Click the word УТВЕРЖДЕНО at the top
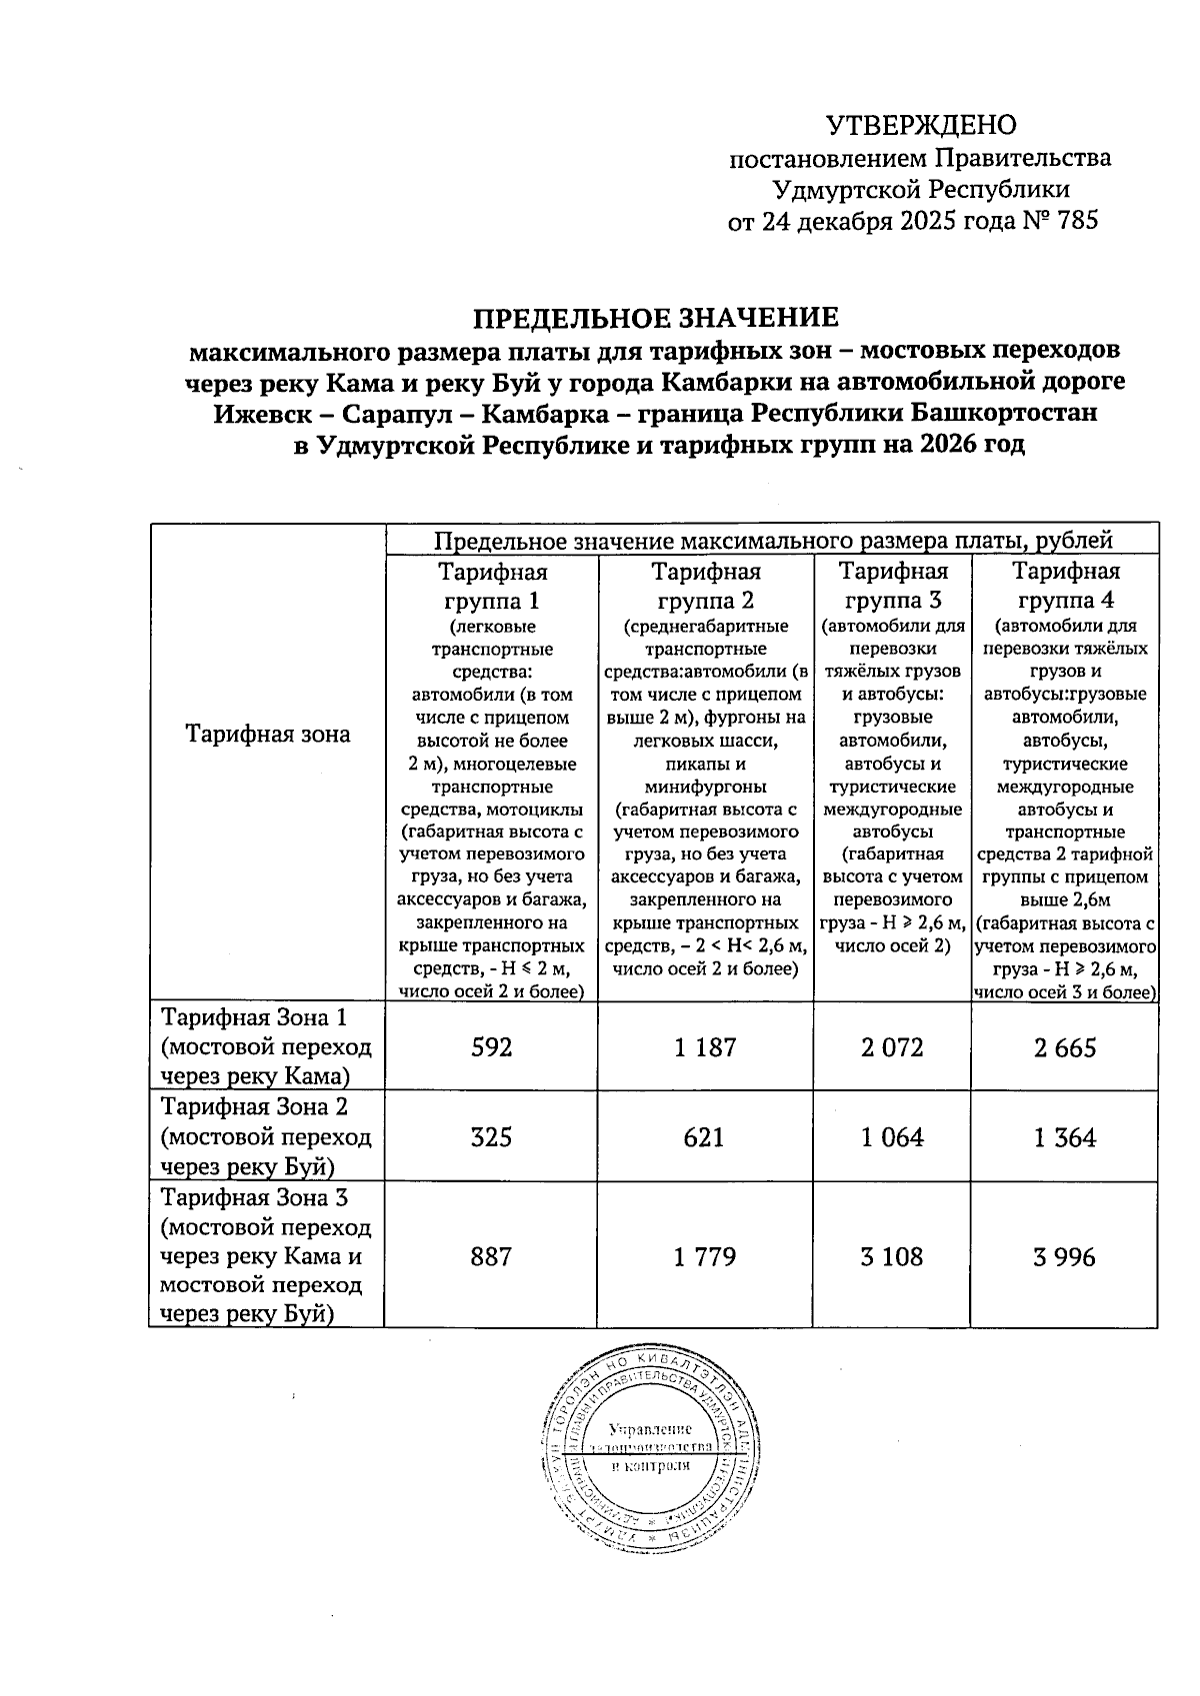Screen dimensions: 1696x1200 [x=920, y=125]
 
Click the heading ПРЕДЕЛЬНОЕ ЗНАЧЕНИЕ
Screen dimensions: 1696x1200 [x=655, y=318]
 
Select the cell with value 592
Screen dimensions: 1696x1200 [x=491, y=1047]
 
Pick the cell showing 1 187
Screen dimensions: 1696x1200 [x=705, y=1047]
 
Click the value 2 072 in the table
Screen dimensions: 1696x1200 [x=892, y=1047]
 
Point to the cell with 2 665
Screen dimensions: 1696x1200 [x=1066, y=1047]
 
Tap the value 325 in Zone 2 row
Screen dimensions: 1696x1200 [x=491, y=1137]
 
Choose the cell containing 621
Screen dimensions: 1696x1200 [x=705, y=1137]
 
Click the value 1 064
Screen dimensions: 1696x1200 [x=892, y=1137]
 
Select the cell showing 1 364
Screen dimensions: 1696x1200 [x=1066, y=1137]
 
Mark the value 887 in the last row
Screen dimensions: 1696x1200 [x=491, y=1256]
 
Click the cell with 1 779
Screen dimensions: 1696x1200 [x=705, y=1256]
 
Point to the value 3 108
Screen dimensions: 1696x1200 [x=892, y=1256]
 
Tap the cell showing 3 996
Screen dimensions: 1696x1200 [x=1066, y=1256]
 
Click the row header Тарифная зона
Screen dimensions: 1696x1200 [x=268, y=735]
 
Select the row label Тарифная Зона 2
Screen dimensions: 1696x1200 [x=255, y=1107]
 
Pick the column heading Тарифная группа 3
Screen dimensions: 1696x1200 [x=893, y=587]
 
